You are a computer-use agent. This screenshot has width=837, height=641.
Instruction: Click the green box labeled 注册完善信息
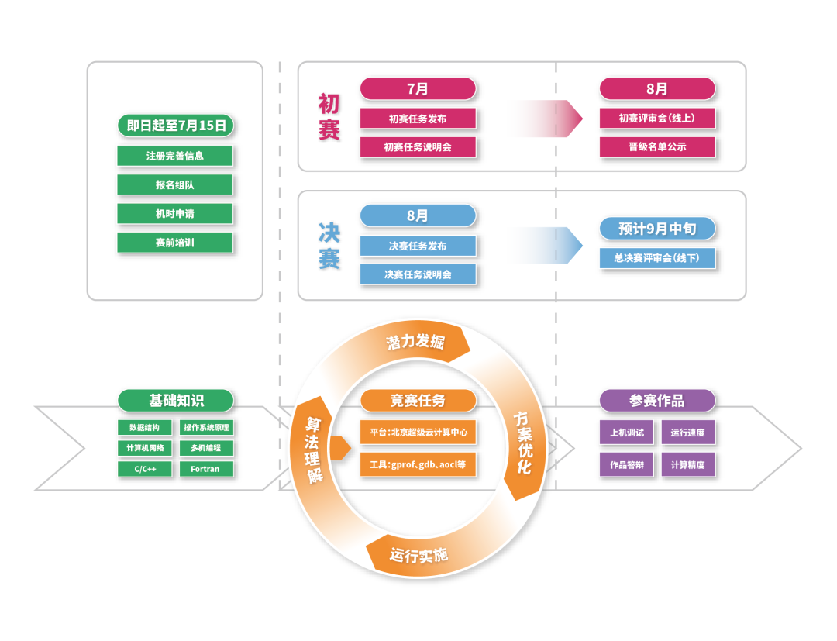tap(175, 156)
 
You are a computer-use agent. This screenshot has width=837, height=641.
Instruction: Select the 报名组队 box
tap(175, 184)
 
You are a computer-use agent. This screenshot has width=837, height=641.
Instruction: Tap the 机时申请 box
tap(175, 214)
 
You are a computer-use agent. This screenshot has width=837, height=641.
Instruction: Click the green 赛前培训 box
tap(175, 243)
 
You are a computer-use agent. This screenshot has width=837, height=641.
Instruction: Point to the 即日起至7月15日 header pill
tap(175, 126)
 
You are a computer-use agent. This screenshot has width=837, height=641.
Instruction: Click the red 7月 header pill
tap(418, 89)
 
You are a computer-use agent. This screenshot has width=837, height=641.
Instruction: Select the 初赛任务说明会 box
tap(418, 146)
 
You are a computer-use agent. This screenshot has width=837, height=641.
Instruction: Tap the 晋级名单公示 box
tap(657, 146)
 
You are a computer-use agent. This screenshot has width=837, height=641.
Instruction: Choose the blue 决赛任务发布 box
tap(418, 246)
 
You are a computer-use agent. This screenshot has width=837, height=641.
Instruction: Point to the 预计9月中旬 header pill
tap(657, 229)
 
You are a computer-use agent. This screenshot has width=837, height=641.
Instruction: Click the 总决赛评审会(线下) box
tap(657, 258)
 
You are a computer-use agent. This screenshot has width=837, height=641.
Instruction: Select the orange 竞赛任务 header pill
tap(418, 401)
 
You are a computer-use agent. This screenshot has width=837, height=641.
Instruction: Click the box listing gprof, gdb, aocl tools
tap(418, 464)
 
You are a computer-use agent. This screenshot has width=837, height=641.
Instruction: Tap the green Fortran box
tap(205, 469)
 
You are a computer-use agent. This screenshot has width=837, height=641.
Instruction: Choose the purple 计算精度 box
tap(687, 464)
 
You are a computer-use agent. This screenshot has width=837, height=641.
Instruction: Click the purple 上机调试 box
tap(627, 433)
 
